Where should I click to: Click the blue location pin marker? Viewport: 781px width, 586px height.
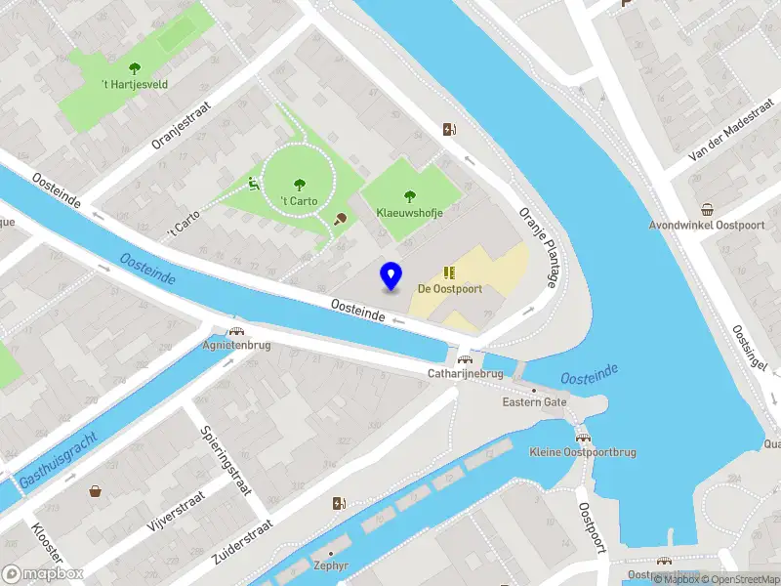pyautogui.click(x=391, y=275)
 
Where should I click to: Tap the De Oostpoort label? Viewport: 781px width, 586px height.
pyautogui.click(x=450, y=288)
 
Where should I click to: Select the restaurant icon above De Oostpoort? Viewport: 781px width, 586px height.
pyautogui.click(x=450, y=272)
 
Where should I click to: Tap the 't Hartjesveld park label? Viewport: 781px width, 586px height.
pyautogui.click(x=135, y=85)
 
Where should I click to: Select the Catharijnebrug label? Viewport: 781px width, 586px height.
pyautogui.click(x=465, y=373)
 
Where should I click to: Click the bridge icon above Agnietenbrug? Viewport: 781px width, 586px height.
pyautogui.click(x=235, y=331)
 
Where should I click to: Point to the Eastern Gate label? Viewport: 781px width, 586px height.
pyautogui.click(x=534, y=402)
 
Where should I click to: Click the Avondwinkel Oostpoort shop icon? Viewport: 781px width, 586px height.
pyautogui.click(x=707, y=210)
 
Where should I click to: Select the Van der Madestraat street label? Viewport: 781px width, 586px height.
pyautogui.click(x=723, y=142)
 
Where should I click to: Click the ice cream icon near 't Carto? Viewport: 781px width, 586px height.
pyautogui.click(x=340, y=219)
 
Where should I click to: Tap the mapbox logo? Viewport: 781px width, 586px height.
pyautogui.click(x=43, y=574)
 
